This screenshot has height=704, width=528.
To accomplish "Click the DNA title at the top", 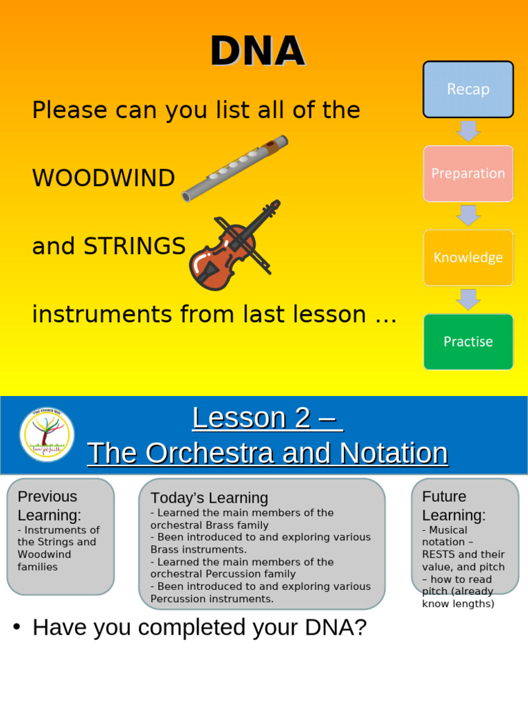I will [257, 52].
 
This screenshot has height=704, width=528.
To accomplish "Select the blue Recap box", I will [468, 89].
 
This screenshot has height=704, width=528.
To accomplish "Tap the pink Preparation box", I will [468, 173].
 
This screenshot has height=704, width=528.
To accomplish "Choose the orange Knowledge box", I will [468, 258].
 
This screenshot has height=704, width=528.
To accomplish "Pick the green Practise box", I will [468, 342].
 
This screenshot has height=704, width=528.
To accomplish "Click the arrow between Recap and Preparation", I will [468, 131].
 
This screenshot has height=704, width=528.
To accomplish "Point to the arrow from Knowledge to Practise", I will [468, 299].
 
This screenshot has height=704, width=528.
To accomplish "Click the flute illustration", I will [234, 168].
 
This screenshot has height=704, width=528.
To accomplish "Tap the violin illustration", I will [234, 245].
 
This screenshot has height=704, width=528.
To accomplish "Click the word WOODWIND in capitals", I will [104, 179].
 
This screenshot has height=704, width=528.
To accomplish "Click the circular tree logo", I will [47, 434].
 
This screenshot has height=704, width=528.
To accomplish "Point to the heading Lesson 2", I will [267, 418].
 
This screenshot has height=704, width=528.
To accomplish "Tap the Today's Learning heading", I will [209, 498].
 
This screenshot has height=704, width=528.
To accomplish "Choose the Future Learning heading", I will [454, 505].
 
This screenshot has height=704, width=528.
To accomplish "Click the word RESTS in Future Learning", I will [440, 554].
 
